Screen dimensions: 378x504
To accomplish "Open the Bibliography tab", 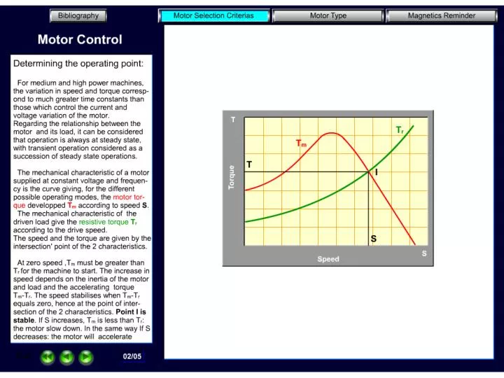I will point(78,15).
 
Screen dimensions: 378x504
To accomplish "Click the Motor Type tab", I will point(328,15).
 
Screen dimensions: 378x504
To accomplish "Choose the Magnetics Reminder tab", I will point(441,15).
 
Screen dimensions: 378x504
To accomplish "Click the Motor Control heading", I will point(80,40).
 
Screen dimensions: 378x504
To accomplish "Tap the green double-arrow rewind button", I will point(48,357).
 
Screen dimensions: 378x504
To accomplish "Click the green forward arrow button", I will point(85,357).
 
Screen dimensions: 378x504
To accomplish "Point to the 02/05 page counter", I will point(132,356).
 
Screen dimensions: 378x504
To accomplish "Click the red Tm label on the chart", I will point(301,143).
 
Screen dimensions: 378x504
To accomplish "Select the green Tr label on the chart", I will point(399,130).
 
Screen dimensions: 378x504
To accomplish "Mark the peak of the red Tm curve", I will point(332,133).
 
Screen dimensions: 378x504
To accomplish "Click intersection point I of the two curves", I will point(369,171).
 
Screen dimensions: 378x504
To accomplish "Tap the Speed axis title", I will point(328,259).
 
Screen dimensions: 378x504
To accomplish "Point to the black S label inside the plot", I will point(374,239).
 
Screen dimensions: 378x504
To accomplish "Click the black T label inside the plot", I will point(249,164).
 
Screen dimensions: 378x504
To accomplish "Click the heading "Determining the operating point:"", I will point(78,64).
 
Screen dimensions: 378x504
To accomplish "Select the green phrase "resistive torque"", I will point(104,221).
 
